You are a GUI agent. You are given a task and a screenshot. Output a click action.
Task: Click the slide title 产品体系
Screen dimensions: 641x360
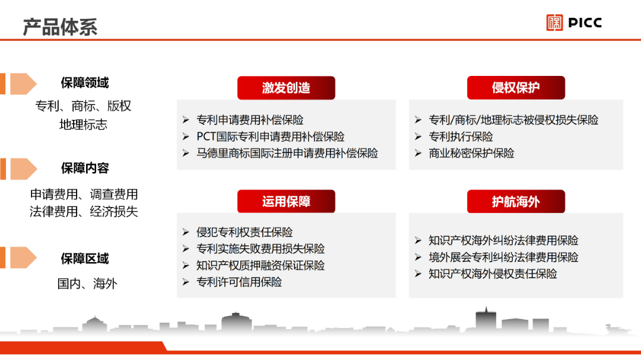click(60, 27)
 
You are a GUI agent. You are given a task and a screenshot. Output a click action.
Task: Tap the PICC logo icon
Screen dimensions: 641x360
click(554, 23)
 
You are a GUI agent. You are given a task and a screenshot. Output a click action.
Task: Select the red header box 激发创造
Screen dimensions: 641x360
click(286, 88)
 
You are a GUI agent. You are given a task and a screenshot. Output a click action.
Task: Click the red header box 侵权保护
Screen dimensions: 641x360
click(516, 87)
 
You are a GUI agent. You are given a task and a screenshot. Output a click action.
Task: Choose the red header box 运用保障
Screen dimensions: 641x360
click(286, 201)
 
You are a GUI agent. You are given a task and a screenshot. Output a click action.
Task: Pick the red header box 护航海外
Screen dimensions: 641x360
click(516, 201)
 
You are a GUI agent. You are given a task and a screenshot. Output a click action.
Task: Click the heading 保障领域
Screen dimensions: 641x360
click(85, 83)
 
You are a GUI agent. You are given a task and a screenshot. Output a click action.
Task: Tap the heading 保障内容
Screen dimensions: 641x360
click(85, 168)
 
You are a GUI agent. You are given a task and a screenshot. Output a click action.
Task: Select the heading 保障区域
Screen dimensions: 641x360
click(85, 259)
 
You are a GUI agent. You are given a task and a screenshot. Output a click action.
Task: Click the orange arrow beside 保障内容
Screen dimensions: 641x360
click(24, 169)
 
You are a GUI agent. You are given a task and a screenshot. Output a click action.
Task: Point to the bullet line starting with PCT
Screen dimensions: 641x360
click(270, 136)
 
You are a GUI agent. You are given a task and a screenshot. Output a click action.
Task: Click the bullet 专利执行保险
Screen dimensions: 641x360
click(461, 136)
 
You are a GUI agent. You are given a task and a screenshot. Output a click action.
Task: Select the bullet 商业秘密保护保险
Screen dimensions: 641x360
click(471, 153)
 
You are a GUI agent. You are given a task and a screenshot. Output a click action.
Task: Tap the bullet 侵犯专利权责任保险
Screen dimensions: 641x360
click(245, 232)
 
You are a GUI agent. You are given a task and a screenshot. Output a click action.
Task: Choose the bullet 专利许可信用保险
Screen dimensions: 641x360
click(239, 282)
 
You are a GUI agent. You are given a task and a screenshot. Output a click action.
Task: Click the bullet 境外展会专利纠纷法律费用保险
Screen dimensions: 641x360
click(503, 257)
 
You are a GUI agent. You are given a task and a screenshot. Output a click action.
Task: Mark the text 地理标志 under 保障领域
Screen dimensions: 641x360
click(84, 124)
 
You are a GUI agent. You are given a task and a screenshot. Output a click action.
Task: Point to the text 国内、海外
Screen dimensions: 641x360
click(87, 283)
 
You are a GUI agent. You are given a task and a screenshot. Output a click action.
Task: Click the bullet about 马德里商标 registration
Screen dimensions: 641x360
click(287, 153)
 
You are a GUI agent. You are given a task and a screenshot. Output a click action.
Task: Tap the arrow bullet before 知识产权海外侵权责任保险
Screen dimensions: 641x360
click(418, 274)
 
